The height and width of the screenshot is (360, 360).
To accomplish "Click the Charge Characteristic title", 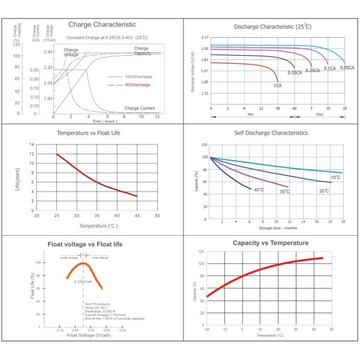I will click(102, 25).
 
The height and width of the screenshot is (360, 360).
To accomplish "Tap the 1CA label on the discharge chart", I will click(278, 86).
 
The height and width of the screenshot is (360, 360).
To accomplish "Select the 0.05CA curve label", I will click(346, 68).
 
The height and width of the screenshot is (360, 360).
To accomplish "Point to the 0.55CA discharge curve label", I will click(295, 73).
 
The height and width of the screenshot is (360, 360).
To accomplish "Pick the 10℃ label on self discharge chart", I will click(335, 178).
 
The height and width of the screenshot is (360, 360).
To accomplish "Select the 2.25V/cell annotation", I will click(83, 281).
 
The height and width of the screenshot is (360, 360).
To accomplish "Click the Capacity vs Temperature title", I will click(271, 243).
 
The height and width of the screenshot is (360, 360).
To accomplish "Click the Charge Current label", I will click(139, 108).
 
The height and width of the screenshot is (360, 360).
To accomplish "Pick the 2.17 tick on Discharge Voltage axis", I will click(205, 38).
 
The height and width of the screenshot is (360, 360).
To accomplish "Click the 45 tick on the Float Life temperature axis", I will click(137, 215).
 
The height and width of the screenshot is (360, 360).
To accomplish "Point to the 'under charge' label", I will click(68, 257).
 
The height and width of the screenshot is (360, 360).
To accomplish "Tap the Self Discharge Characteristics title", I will click(271, 132).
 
